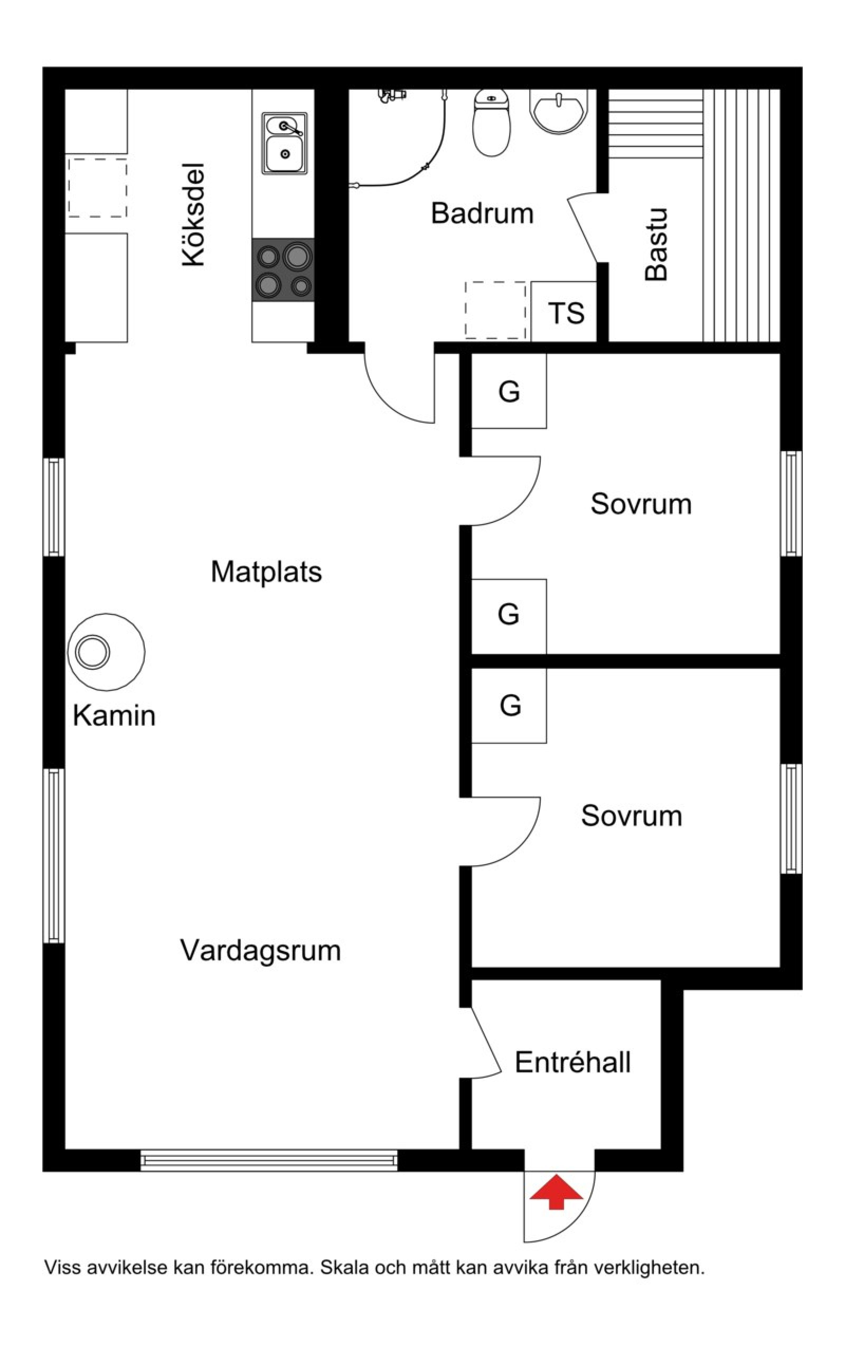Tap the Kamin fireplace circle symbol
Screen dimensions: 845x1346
106,652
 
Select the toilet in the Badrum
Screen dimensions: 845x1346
492,123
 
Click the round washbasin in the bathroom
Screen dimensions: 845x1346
558,112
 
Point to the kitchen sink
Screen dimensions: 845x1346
285,143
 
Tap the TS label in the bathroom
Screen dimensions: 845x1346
567,313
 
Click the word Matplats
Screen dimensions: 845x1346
267,571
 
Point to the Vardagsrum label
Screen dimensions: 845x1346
260,950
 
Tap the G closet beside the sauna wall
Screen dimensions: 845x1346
509,391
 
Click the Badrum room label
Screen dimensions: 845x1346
482,213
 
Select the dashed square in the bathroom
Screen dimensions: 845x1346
495,310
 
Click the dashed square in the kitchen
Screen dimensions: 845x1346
97,188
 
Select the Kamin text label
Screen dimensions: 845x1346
114,715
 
